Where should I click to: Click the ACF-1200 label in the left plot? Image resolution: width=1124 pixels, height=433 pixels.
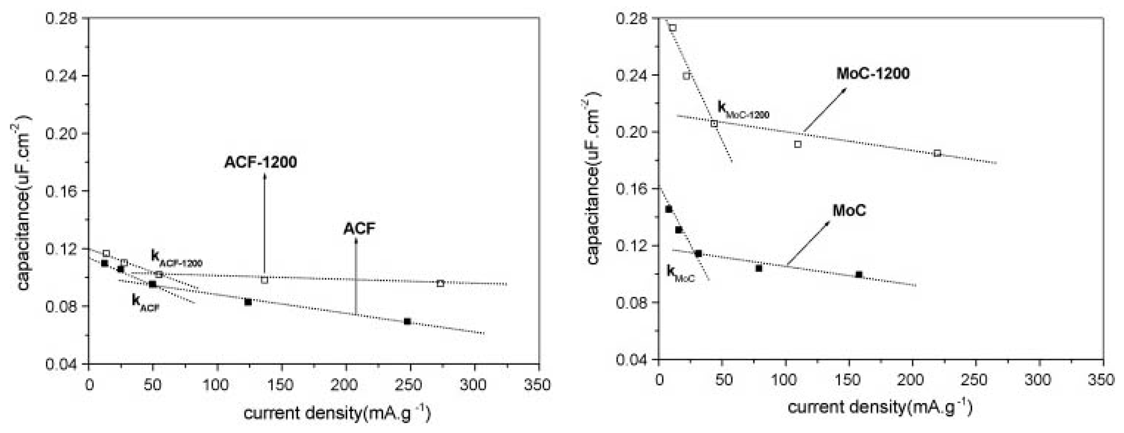260,162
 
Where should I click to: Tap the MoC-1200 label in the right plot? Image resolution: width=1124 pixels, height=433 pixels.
873,73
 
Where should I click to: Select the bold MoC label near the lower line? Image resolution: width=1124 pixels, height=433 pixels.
849,211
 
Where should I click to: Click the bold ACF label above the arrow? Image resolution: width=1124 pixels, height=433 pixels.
359,229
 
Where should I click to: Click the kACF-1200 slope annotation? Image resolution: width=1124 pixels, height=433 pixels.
176,258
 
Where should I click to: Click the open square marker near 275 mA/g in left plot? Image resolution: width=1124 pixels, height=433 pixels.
440,283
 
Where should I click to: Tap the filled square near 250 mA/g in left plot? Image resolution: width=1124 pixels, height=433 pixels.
407,321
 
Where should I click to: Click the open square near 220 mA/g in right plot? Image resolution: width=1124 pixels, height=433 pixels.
937,153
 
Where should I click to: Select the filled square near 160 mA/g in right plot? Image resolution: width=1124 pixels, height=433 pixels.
859,275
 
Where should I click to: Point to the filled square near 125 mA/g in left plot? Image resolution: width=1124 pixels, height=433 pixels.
248,302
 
